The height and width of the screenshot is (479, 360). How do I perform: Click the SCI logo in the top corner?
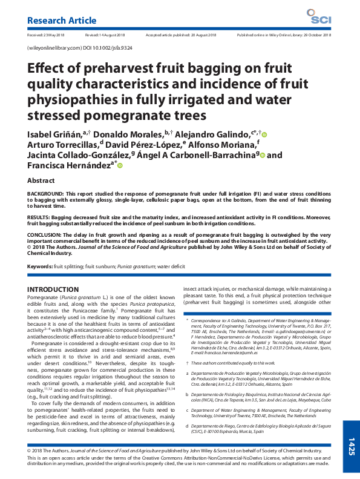coord(318,17)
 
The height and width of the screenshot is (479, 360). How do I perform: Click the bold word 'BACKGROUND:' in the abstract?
coord(48,194)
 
